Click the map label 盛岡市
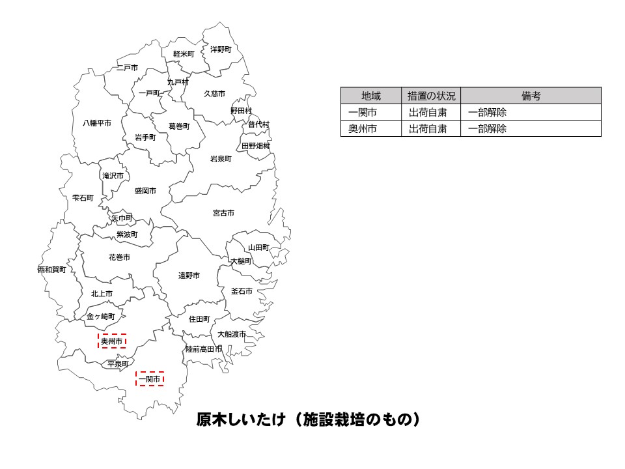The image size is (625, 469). coord(145,191)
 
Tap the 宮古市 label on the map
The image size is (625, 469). coord(223,213)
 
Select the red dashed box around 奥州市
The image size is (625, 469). coord(112,341)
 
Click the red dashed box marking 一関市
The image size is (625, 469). coord(150,378)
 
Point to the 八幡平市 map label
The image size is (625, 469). coord(96,122)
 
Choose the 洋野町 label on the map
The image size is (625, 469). coord(220,49)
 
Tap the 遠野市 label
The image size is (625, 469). coord(189,276)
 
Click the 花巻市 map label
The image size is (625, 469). coord(119,257)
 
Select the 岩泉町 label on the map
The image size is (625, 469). coord(220,158)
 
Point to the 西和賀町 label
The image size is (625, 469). coord(51,269)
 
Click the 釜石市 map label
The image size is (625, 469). coord(242,291)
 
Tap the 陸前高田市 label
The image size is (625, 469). coord(203,349)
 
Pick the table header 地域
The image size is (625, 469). coord(370,96)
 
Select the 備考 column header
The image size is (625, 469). coord(531,96)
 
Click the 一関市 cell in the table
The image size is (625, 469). coord(370,112)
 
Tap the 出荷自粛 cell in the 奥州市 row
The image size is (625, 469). coord(428,128)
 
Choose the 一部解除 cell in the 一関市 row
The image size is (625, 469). coord(488,112)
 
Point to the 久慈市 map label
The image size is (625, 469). coord(214,94)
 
